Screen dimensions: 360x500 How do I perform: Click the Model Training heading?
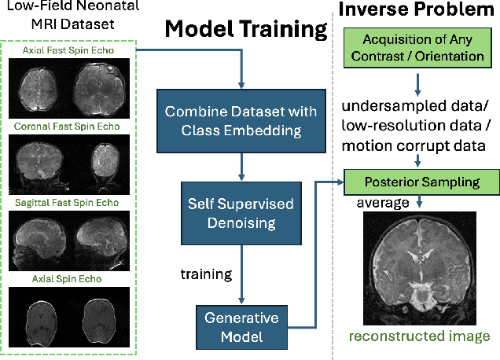click(244, 29)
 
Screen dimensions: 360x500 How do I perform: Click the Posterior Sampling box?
click(421, 182)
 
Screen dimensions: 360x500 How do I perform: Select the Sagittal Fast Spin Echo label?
click(72, 202)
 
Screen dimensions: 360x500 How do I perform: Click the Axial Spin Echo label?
click(72, 277)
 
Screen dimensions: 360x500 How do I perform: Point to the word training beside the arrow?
click(206, 274)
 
